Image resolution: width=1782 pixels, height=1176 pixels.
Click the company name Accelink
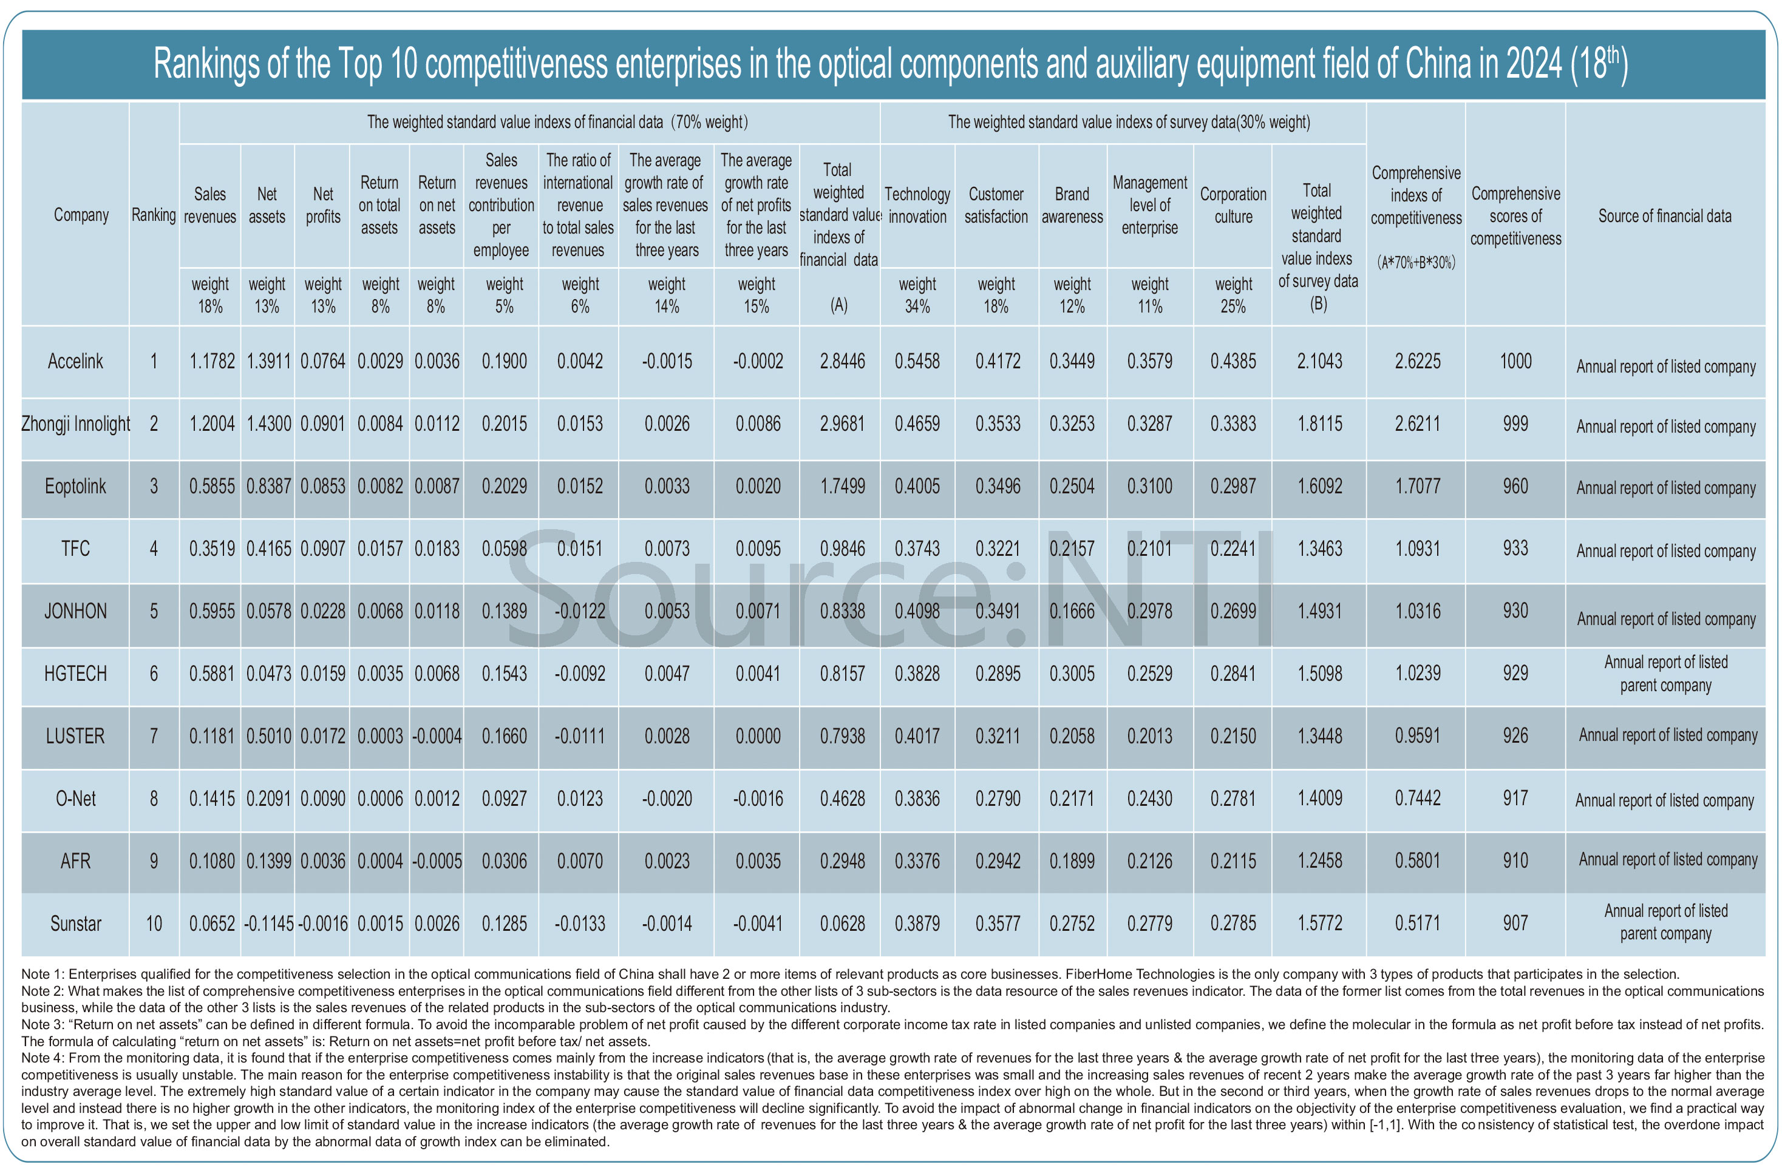pyautogui.click(x=75, y=362)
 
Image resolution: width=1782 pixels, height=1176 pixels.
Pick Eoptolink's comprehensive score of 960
pyautogui.click(x=1515, y=486)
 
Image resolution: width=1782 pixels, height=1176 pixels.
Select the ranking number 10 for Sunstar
pyautogui.click(x=154, y=923)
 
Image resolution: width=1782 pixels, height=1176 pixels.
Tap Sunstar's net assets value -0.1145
pyautogui.click(x=268, y=923)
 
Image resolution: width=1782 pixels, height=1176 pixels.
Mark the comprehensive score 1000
pyautogui.click(x=1515, y=362)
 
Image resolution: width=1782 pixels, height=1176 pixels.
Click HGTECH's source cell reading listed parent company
pyautogui.click(x=1665, y=674)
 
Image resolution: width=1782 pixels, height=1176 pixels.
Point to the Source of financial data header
pyautogui.click(x=1664, y=216)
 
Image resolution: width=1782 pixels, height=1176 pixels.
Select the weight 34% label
pyautogui.click(x=917, y=295)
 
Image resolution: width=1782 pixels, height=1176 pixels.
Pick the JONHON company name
pyautogui.click(x=75, y=611)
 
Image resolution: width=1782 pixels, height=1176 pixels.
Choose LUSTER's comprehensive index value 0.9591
pyautogui.click(x=1417, y=735)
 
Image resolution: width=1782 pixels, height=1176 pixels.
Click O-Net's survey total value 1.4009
pyautogui.click(x=1320, y=799)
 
